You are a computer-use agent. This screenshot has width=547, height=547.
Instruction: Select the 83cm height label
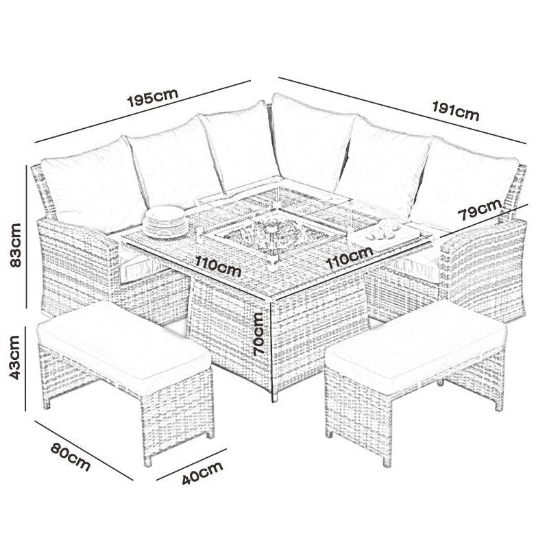[19, 247]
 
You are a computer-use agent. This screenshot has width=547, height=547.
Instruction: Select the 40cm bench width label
[202, 474]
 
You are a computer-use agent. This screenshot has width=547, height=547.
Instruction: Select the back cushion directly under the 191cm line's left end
[312, 141]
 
